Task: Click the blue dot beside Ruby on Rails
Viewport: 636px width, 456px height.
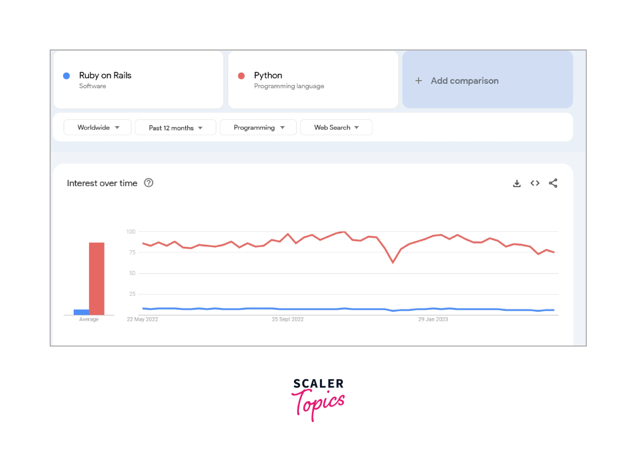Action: coord(66,76)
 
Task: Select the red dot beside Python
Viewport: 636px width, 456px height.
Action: coord(241,76)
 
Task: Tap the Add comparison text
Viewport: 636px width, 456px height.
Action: coord(464,81)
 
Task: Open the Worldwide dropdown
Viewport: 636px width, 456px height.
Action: coord(98,127)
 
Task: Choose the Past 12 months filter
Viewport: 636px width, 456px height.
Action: coord(176,128)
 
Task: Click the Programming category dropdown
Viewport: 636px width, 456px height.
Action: coord(258,128)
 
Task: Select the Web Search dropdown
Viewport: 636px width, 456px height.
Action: coord(336,127)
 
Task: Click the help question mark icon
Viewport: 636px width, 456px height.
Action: coord(149,183)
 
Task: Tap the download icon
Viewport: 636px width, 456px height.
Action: coord(517,183)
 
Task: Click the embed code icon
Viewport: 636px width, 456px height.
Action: coord(535,183)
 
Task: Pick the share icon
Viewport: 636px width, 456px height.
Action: coord(553,183)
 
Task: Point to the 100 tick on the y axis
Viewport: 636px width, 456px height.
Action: coord(131,232)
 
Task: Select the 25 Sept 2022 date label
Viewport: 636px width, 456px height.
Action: coord(287,319)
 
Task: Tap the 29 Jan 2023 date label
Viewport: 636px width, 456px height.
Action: coord(433,319)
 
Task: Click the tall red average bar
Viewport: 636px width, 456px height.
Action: coord(97,278)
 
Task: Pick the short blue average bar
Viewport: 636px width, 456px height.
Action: coord(81,312)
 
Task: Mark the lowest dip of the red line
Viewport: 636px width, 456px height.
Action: coord(393,262)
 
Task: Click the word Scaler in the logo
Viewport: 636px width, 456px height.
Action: coord(318,383)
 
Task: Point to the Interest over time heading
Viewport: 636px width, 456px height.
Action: coord(102,183)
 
